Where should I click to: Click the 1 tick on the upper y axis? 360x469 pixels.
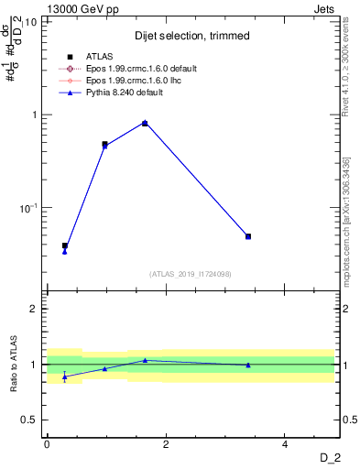click(34, 115)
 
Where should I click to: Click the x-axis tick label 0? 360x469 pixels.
click(47, 444)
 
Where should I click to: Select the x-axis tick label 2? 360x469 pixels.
click(166, 444)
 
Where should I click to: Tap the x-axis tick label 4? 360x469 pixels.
click(285, 444)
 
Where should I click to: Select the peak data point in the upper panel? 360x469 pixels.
click(145, 123)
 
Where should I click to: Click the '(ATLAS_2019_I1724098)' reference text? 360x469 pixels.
click(190, 273)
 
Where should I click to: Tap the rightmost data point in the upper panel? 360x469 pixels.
click(248, 236)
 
